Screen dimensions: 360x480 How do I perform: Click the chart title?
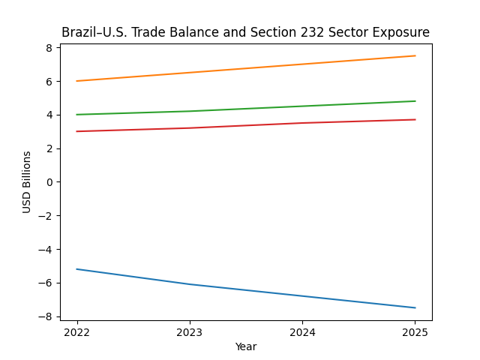(x=245, y=32)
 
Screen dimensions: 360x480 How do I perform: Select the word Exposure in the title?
(x=403, y=32)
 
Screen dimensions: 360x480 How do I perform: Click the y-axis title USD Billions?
(x=27, y=182)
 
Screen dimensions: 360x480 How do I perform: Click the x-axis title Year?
(x=246, y=346)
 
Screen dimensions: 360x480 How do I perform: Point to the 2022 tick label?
(x=77, y=331)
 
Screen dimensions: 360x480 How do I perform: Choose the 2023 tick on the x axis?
(x=190, y=331)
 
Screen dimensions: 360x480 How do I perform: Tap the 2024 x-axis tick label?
(x=302, y=331)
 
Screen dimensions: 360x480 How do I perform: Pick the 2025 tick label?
(x=415, y=331)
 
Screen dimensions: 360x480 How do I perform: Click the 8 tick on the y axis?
(x=49, y=48)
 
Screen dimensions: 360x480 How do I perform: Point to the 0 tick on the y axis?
(x=49, y=182)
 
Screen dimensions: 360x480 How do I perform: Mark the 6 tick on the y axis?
(x=49, y=81)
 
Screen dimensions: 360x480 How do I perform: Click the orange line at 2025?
(x=415, y=55)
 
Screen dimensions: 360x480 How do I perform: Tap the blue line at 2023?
(x=190, y=284)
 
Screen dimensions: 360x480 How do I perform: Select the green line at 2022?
(x=77, y=115)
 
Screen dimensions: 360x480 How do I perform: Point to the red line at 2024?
(x=302, y=123)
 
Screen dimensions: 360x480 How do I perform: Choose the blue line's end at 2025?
(x=415, y=307)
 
